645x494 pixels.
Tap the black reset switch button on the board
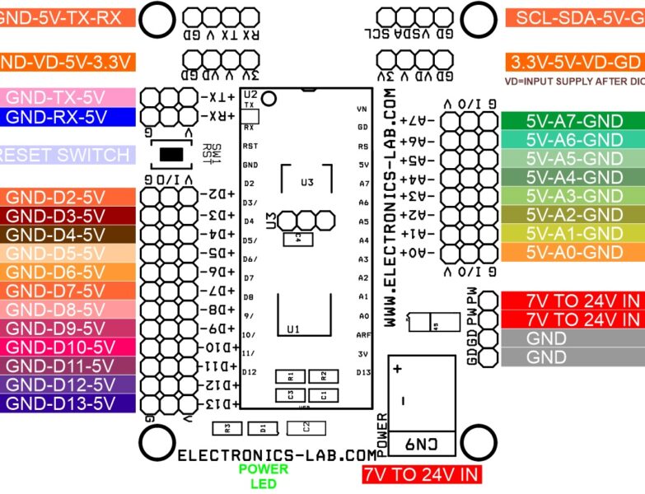pyautogui.click(x=171, y=154)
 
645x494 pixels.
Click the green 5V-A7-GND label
pyautogui.click(x=573, y=120)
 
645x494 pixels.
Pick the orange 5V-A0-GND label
pyautogui.click(x=573, y=253)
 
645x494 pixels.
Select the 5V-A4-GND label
pyautogui.click(x=573, y=177)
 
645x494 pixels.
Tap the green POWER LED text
pyautogui.click(x=264, y=476)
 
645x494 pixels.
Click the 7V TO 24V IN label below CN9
pyautogui.click(x=421, y=474)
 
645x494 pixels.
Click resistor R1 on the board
pyautogui.click(x=290, y=375)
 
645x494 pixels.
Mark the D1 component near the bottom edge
pyautogui.click(x=263, y=427)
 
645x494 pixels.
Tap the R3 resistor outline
pyautogui.click(x=227, y=427)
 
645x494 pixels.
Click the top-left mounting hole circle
pyautogui.click(x=157, y=20)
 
